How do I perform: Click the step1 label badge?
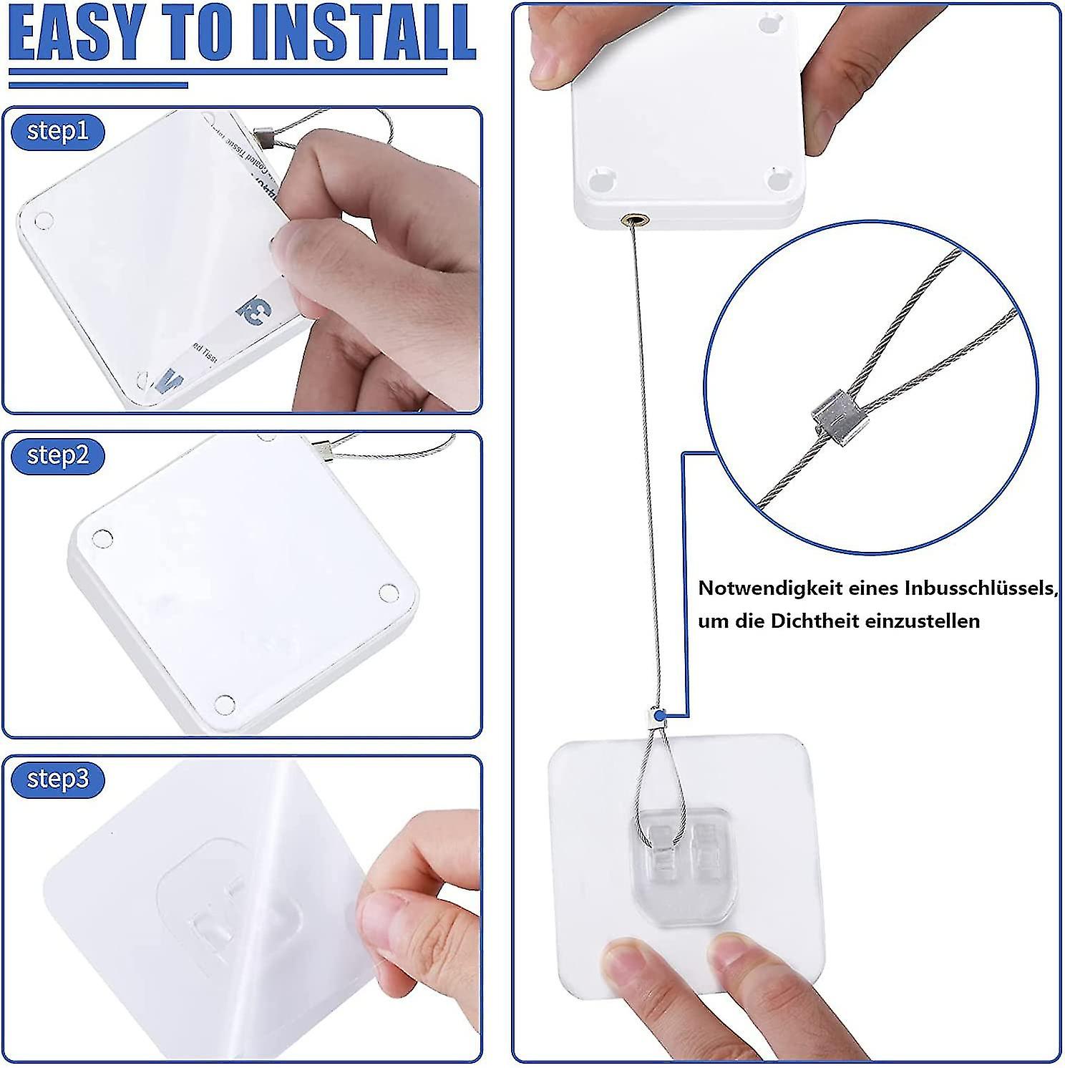click(x=57, y=132)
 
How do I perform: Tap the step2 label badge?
click(x=57, y=456)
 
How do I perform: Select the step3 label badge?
click(x=57, y=778)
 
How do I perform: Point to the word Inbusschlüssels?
click(x=980, y=588)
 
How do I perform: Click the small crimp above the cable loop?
click(x=653, y=715)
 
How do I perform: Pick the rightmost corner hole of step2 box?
click(x=388, y=592)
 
